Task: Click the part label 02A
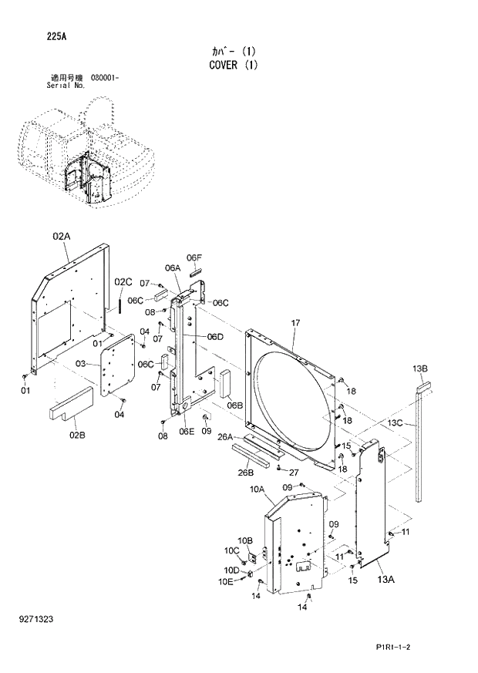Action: click(x=62, y=237)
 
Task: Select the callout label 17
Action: click(x=295, y=322)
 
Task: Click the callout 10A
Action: click(x=256, y=489)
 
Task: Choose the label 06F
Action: click(x=194, y=257)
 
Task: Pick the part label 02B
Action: click(x=77, y=436)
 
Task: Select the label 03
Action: click(x=80, y=362)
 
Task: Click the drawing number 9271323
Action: click(x=37, y=619)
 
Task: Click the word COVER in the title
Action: click(x=224, y=66)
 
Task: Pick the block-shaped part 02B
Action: click(x=72, y=402)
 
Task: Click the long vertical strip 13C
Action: click(x=420, y=447)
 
